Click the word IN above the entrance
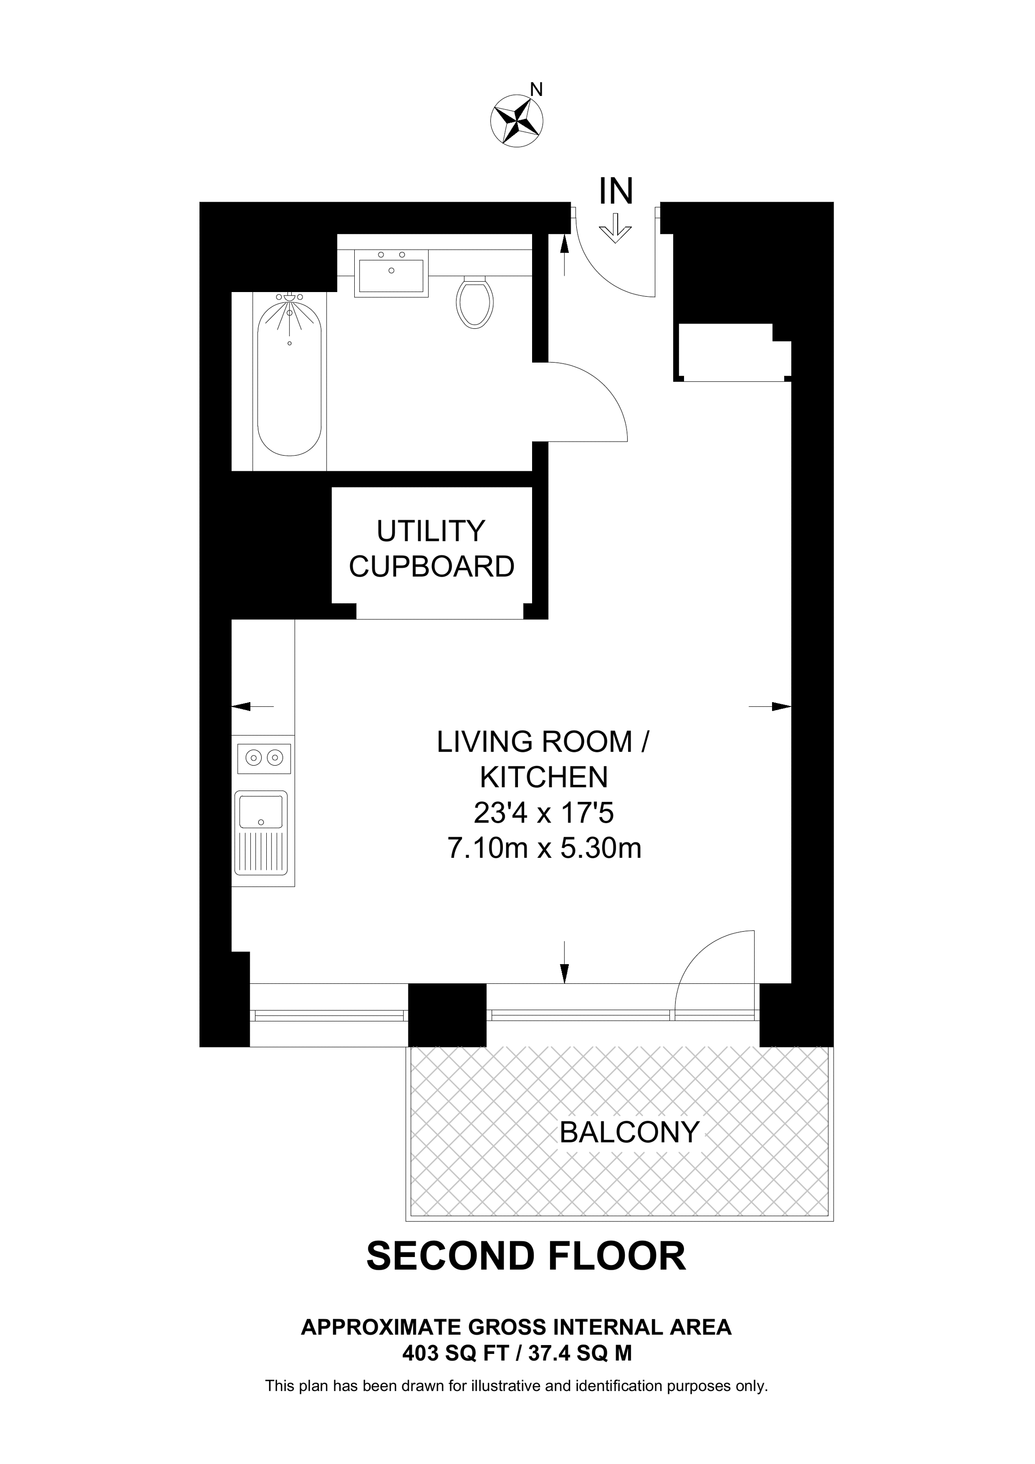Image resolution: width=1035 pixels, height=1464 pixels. [x=616, y=190]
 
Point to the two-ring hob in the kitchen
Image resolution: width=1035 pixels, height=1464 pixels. [x=264, y=758]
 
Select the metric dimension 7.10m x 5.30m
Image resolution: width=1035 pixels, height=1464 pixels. [x=544, y=849]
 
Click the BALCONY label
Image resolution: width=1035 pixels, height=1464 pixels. [x=629, y=1132]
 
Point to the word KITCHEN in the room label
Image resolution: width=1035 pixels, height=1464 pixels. [x=544, y=777]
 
